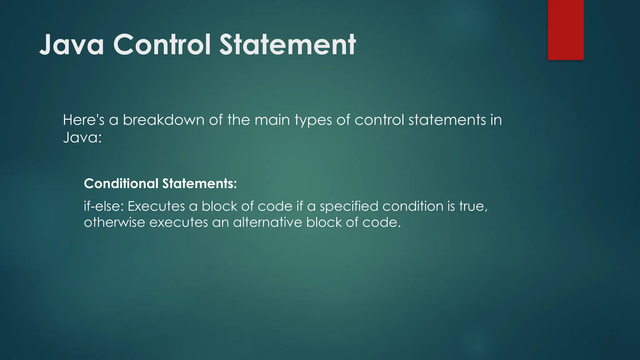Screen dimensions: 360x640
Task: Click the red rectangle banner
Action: click(566, 30)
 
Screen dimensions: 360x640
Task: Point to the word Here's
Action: click(83, 120)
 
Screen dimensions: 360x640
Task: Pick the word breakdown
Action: click(163, 120)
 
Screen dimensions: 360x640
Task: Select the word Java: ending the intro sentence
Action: click(82, 137)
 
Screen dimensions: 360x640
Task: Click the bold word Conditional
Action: click(121, 183)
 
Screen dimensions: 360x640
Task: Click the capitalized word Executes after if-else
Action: click(156, 206)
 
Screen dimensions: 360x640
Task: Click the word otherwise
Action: click(114, 222)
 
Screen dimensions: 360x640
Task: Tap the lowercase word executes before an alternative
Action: click(178, 222)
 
